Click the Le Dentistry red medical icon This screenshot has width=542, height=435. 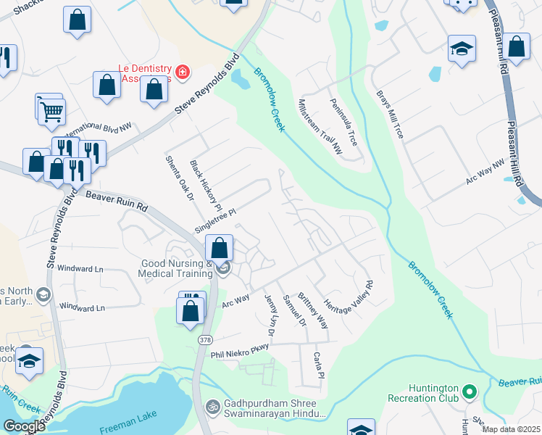tap(181, 72)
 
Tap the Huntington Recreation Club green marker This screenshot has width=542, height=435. tap(470, 393)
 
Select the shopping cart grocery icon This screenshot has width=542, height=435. tap(52, 112)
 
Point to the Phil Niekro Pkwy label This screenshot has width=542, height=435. tap(240, 351)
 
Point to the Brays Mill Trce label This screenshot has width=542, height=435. tap(390, 114)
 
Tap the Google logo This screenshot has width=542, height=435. tap(24, 426)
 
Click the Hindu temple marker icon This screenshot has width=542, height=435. tap(213, 405)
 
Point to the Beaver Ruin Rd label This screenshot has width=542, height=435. tap(116, 201)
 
